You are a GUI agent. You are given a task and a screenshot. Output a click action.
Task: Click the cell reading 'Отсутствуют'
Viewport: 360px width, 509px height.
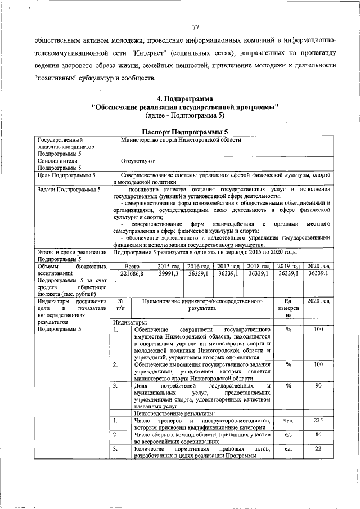pyautogui.click(x=137, y=160)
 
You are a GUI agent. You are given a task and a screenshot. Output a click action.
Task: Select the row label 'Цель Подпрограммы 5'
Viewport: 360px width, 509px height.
pyautogui.click(x=65, y=175)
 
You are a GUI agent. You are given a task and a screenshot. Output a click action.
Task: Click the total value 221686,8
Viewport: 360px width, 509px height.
pyautogui.click(x=132, y=273)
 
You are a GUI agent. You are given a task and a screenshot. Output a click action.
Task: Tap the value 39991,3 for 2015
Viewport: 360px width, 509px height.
pyautogui.click(x=168, y=273)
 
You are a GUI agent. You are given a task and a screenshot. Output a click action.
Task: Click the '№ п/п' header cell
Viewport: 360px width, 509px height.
pyautogui.click(x=120, y=305)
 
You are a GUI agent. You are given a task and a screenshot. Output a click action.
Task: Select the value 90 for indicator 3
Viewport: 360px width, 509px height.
pyautogui.click(x=318, y=385)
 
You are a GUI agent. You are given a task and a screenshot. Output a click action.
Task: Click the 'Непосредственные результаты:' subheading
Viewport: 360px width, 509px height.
pyautogui.click(x=172, y=413)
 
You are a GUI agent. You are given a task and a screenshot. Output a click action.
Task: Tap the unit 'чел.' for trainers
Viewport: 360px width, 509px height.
pyautogui.click(x=289, y=421)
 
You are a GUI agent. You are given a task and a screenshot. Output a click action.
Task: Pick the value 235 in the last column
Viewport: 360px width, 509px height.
pyautogui.click(x=318, y=421)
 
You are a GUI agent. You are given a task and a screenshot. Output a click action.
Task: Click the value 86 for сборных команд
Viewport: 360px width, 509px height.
pyautogui.click(x=318, y=435)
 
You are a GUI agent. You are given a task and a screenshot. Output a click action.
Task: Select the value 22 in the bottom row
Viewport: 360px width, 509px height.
pyautogui.click(x=318, y=448)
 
